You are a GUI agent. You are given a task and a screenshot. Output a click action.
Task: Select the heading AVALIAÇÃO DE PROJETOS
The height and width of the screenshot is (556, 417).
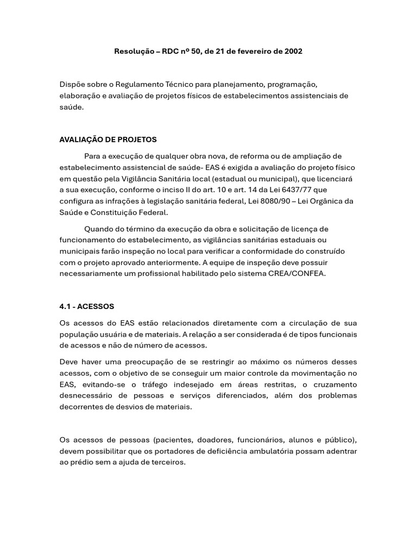pos(108,140)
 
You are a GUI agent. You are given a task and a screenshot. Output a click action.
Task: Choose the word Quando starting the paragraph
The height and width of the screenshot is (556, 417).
pos(99,229)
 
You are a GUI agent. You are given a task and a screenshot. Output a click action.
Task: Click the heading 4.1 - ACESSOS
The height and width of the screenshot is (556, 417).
pos(87,306)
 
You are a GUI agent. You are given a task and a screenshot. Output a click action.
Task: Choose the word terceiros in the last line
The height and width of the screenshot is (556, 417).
pos(167,462)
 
